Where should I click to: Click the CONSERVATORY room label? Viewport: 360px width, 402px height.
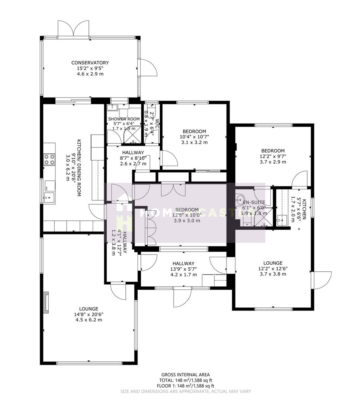[x=90, y=63]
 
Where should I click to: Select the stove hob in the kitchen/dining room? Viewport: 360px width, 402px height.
[x=49, y=159]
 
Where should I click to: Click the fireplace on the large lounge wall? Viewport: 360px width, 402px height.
[x=46, y=301]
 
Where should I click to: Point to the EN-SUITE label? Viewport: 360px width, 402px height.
[x=253, y=202]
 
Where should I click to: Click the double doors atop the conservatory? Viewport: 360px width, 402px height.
[x=74, y=28]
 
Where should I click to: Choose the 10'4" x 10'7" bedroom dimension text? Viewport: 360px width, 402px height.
[x=194, y=137]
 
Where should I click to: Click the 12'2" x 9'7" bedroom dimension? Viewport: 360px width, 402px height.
[x=273, y=156]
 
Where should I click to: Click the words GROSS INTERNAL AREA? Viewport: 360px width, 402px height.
[x=185, y=375]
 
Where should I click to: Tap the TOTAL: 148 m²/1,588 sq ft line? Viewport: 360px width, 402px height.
[x=185, y=380]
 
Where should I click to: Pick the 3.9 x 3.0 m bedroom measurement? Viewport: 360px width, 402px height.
[x=187, y=220]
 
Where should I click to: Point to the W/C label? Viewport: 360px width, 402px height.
[x=157, y=123]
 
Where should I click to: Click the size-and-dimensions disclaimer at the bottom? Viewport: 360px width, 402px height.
[x=185, y=391]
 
